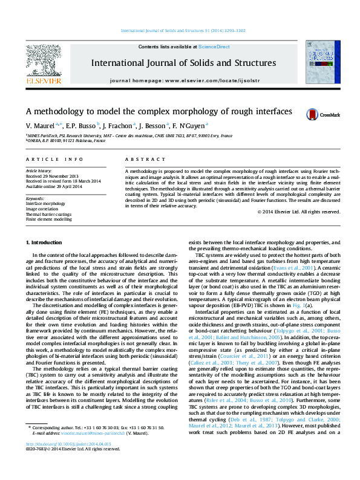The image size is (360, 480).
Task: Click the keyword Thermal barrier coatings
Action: [48, 214]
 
